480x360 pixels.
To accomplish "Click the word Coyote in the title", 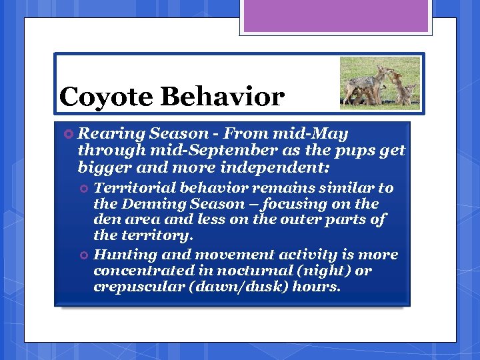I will click(106, 97).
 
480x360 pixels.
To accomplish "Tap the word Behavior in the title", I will click(221, 97).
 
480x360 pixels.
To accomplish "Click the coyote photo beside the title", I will click(379, 82).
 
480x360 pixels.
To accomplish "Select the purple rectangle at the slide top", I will click(336, 16).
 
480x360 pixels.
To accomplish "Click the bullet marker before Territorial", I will click(84, 189).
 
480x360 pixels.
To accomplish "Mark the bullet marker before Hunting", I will click(84, 255).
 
